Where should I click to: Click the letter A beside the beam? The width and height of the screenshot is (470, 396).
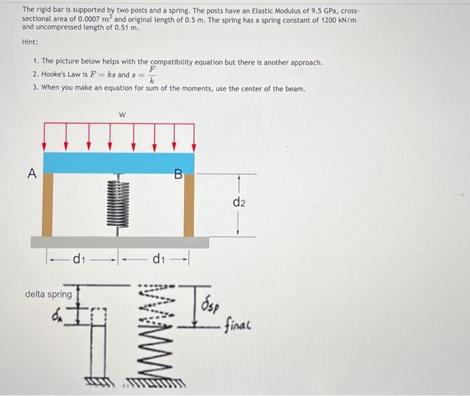coord(31,174)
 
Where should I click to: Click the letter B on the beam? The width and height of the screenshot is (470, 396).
coord(178,175)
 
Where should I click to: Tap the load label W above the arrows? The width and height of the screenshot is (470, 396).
coord(122,115)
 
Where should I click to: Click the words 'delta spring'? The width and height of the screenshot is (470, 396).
coord(48,294)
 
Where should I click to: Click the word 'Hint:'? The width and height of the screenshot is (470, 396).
coord(30,42)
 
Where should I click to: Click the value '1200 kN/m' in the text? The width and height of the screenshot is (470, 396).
coord(336,20)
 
